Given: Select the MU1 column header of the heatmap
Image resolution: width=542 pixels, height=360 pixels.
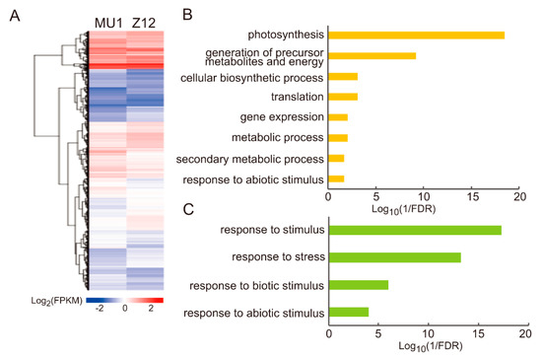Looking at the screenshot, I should (107, 22).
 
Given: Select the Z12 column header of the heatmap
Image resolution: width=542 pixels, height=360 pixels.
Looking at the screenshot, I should (145, 22).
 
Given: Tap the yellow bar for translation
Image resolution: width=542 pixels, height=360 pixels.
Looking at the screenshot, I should (342, 97).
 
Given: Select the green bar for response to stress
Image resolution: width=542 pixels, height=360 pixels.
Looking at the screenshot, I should (394, 257).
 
